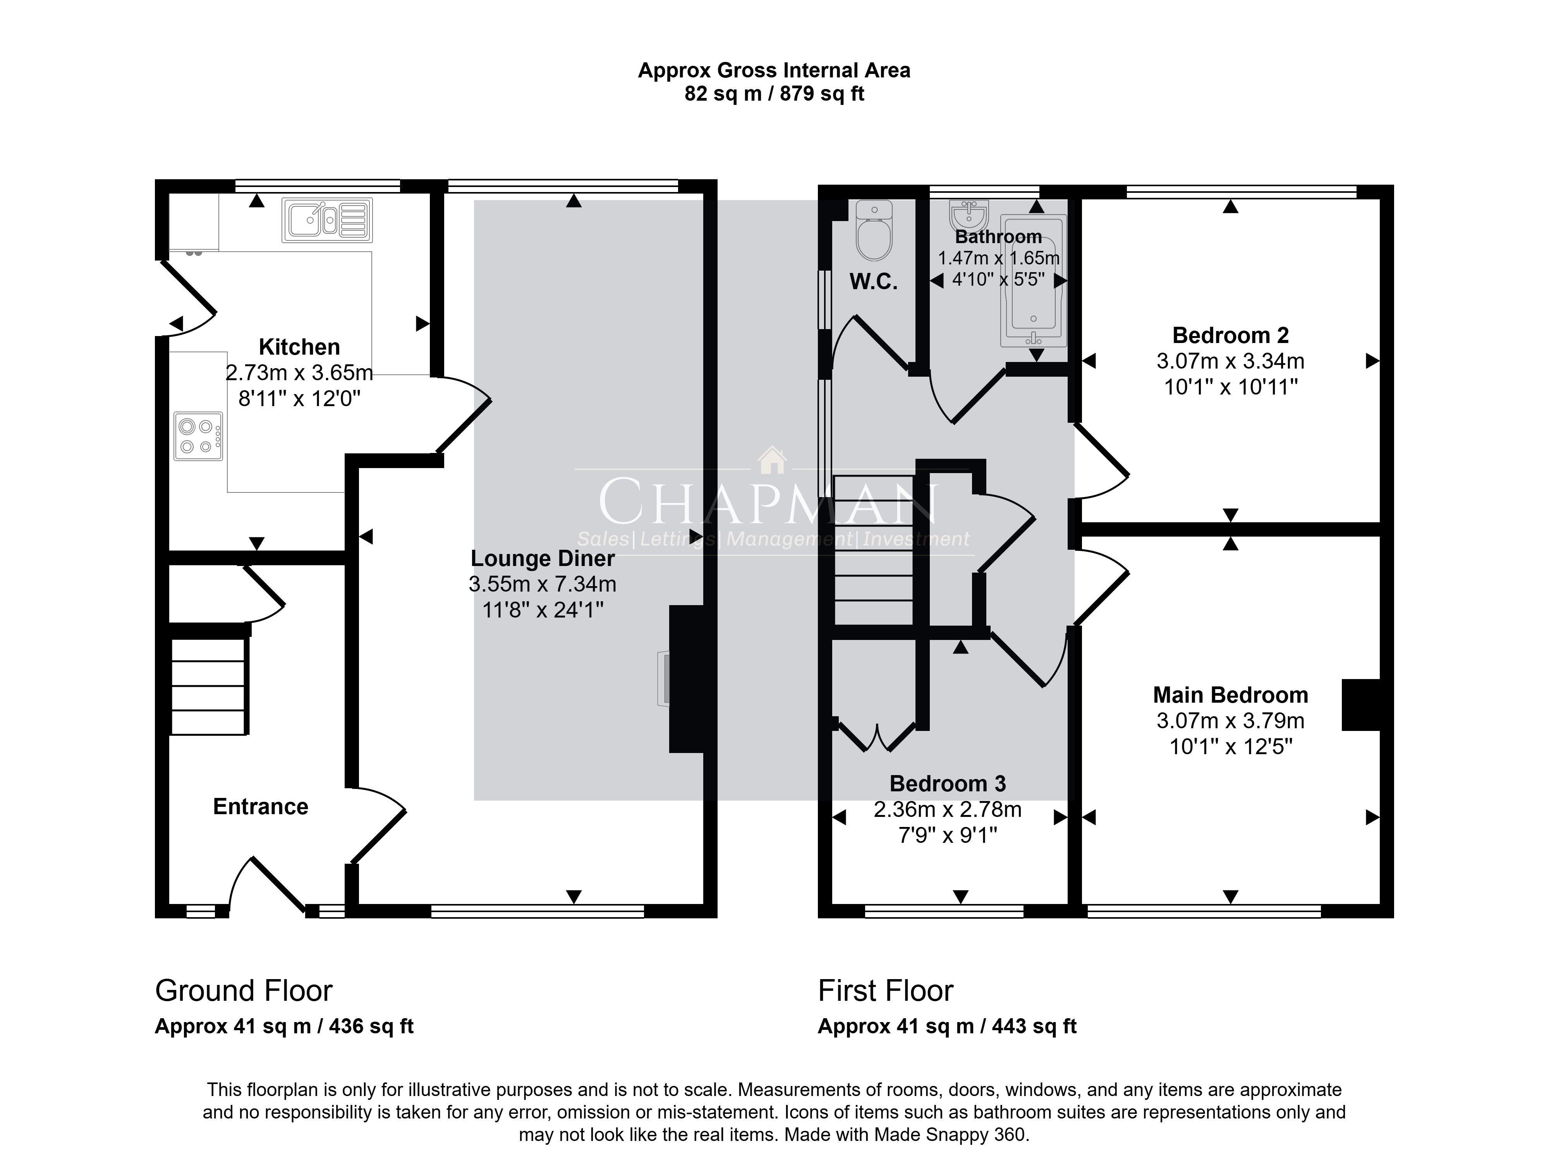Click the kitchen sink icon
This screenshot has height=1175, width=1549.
tap(327, 220)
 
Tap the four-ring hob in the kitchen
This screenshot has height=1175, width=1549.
tap(198, 436)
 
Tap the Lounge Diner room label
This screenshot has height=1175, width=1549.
tap(543, 558)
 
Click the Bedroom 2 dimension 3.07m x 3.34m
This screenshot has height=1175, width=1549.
tap(1230, 361)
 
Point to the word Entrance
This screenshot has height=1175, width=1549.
tap(261, 807)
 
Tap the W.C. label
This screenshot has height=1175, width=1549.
tap(873, 281)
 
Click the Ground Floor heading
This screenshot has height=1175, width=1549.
tap(244, 991)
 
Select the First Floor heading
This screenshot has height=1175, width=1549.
tap(886, 991)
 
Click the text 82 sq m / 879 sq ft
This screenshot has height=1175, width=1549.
tap(774, 94)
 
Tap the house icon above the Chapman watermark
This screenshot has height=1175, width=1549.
tap(773, 460)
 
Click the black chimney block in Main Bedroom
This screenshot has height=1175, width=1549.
tap(1361, 705)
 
